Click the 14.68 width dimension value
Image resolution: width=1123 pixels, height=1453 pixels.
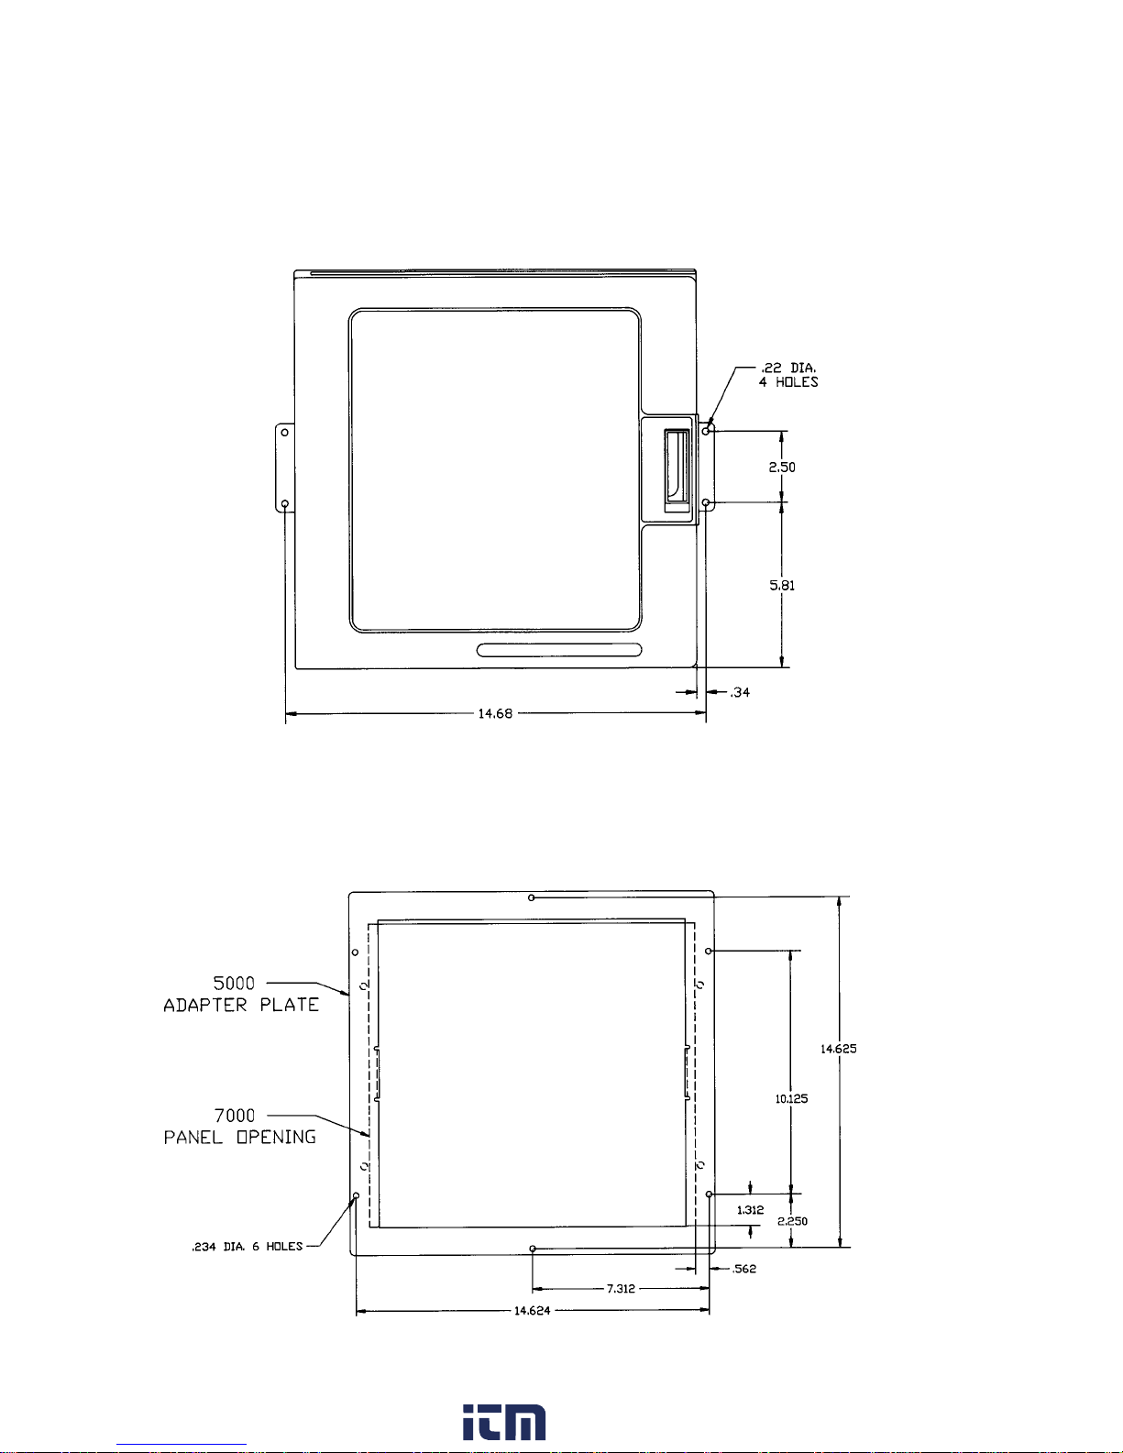[495, 713]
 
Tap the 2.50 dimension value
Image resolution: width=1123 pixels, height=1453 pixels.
[781, 468]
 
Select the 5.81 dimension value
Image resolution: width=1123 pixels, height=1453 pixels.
[781, 585]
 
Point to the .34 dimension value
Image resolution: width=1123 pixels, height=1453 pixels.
[739, 692]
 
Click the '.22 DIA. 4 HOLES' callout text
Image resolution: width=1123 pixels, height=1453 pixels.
[788, 375]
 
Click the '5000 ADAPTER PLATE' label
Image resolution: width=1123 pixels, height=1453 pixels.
[241, 995]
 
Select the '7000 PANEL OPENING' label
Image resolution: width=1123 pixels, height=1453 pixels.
[240, 1127]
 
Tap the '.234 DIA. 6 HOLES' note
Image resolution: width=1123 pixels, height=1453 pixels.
[248, 1247]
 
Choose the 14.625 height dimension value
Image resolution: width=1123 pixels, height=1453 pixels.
[838, 1049]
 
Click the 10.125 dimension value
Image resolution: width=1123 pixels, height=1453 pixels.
[791, 1098]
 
